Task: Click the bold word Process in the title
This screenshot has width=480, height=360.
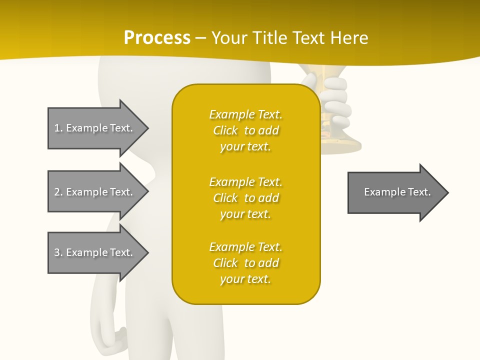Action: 157,38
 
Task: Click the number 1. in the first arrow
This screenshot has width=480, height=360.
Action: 58,128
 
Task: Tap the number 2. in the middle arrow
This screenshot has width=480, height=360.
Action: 58,192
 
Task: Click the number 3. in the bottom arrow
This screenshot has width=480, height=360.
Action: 58,252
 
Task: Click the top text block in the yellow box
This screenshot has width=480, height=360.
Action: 245,130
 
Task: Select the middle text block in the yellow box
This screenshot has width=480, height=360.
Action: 245,198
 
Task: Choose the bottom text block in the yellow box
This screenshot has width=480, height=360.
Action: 245,263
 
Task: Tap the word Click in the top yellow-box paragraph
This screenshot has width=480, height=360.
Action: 225,130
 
